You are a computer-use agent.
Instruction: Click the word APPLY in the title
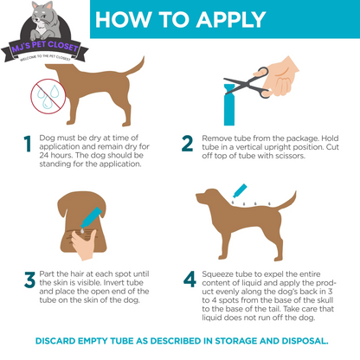click(231, 20)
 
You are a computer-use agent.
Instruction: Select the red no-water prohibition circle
click(48, 96)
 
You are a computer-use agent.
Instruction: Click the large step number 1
click(27, 144)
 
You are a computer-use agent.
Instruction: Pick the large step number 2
click(187, 144)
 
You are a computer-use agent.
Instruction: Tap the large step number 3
click(30, 280)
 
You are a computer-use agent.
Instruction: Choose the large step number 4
click(190, 280)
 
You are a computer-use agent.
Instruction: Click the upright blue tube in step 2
click(229, 105)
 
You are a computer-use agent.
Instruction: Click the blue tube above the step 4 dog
click(240, 190)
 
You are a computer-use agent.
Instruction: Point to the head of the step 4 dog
click(207, 196)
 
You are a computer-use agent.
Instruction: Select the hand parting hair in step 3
click(83, 245)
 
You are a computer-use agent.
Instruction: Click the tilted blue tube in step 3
click(91, 217)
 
